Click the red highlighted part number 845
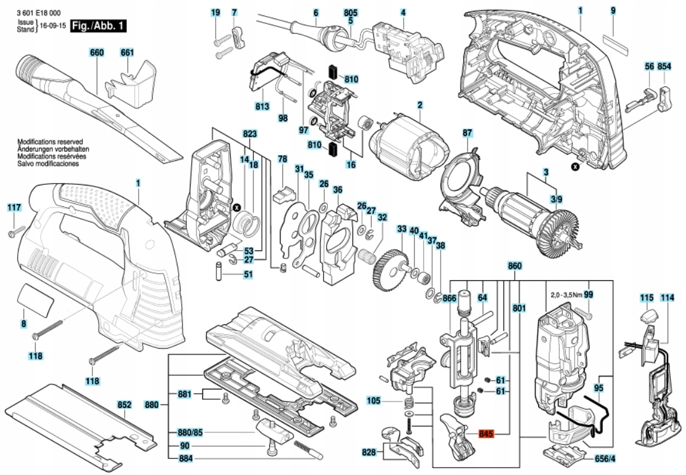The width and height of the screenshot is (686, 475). pos(486,434)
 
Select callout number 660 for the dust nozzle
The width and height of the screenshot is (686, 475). pos(97,52)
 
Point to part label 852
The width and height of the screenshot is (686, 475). pos(125,405)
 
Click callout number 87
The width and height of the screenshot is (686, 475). pos(467,133)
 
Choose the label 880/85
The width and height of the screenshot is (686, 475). pos(190,432)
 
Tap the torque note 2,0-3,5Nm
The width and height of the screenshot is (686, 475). pos(566,295)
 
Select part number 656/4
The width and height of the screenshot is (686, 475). pos(605,459)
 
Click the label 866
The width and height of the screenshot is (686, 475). pos(449,299)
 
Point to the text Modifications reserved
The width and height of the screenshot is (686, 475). pos(50,142)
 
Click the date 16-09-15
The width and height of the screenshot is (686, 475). pos(52,26)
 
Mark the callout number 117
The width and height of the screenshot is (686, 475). pos(14,208)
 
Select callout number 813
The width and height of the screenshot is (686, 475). pos(263,107)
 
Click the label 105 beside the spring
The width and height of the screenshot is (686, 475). pos(373,401)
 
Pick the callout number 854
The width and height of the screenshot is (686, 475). pos(664,67)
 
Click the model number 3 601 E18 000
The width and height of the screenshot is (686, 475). pos(38,14)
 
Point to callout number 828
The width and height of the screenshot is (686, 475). pos(369,452)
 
